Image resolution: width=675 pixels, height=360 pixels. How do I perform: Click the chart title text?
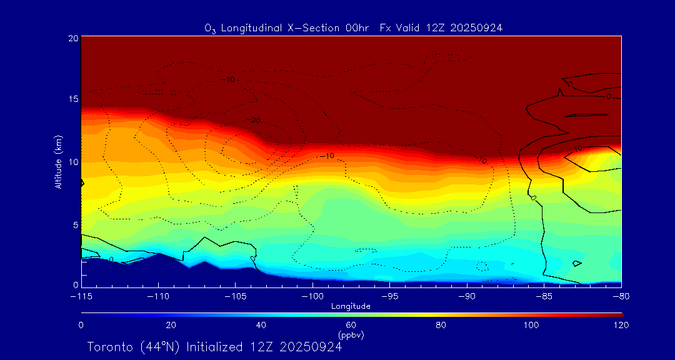pos(354,27)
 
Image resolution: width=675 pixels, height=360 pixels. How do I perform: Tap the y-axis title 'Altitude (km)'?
pos(59,162)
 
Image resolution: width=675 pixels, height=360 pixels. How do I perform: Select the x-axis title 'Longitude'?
pos(351,306)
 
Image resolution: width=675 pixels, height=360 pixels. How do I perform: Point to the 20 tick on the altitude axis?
pos(73,38)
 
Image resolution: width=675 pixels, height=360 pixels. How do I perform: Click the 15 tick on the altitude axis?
pos(73,100)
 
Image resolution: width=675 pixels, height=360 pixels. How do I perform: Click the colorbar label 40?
pos(261,325)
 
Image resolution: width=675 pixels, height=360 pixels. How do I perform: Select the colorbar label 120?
pos(621,325)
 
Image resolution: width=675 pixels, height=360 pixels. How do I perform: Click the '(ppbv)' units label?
pos(351,335)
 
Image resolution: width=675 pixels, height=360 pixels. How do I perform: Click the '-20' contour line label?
pos(252,120)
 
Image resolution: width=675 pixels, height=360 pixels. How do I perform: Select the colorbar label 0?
pos(81,325)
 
